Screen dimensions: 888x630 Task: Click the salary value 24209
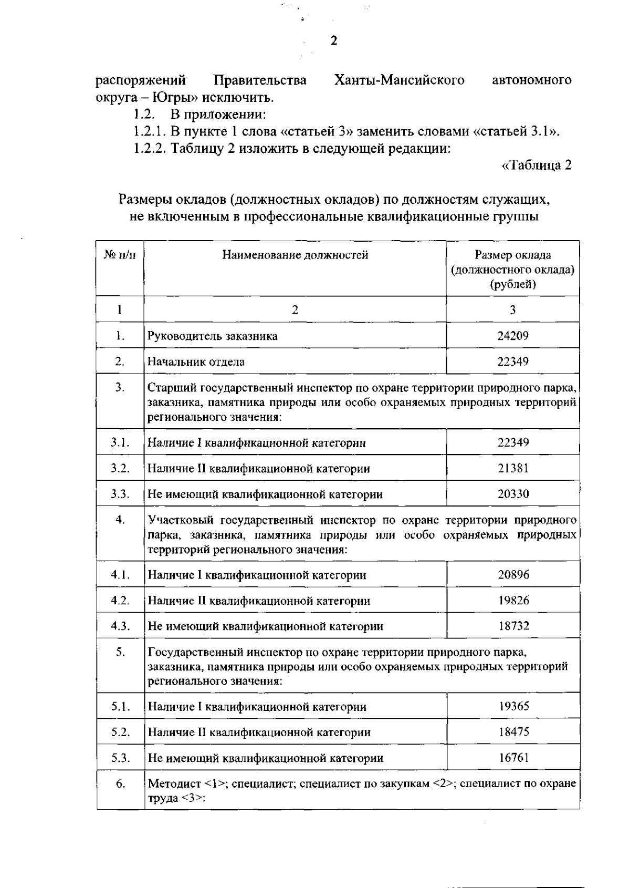[x=512, y=336]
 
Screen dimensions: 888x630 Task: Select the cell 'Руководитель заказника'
[x=212, y=336]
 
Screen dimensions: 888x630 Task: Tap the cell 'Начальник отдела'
[x=196, y=362]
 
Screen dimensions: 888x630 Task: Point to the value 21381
[x=513, y=468]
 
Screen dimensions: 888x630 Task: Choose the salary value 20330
[x=513, y=494]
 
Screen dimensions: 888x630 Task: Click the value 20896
[x=513, y=574]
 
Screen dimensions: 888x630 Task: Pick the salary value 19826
[x=513, y=600]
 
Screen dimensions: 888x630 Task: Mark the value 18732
[x=513, y=626]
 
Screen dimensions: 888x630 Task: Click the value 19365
[x=513, y=706]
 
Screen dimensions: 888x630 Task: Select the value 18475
[x=513, y=732]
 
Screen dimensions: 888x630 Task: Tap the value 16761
[x=513, y=758]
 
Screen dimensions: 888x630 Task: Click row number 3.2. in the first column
[x=120, y=468]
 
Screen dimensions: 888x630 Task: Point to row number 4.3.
[x=120, y=626]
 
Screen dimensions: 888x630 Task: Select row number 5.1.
[x=120, y=706]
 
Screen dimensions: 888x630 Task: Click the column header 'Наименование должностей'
[x=295, y=255]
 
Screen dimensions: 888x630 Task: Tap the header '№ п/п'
[x=120, y=255]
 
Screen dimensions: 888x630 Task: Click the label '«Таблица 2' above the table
[x=537, y=166]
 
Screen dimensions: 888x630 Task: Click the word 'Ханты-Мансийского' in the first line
[x=400, y=80]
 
